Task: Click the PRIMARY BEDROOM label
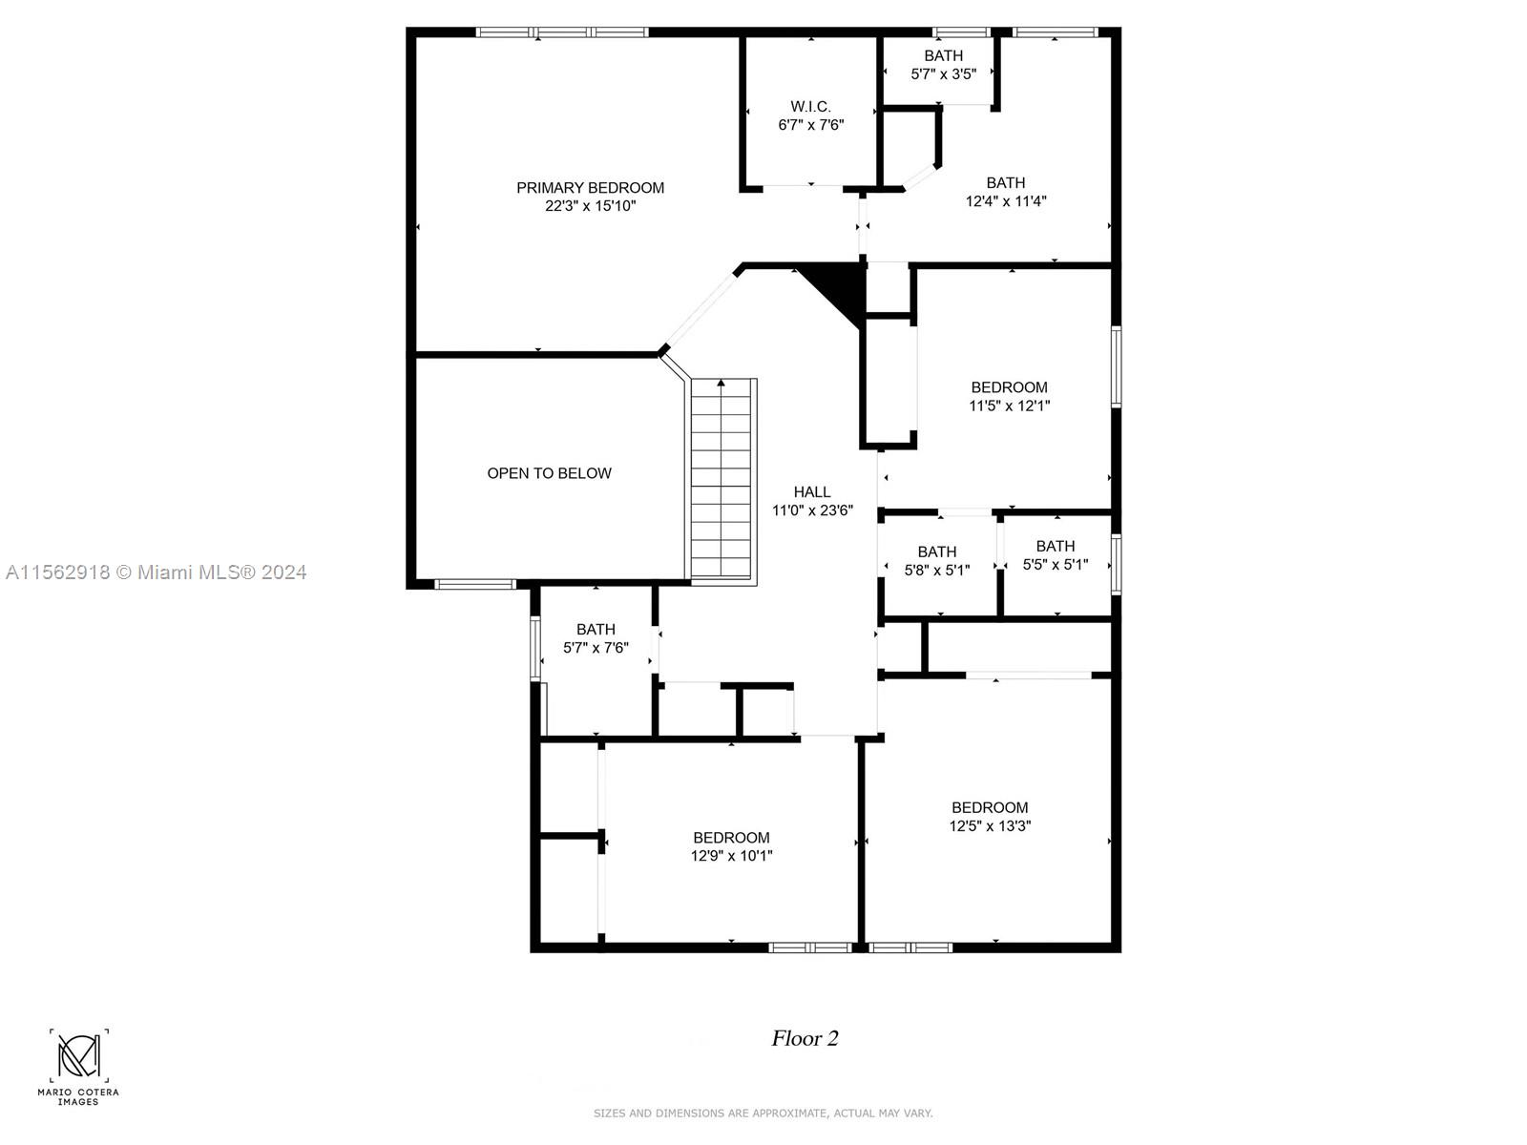click(x=590, y=188)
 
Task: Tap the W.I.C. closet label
click(x=810, y=107)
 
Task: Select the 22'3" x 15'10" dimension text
click(x=590, y=206)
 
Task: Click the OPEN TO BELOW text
click(x=549, y=473)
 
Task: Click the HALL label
click(x=812, y=492)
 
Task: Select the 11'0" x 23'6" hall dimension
click(x=812, y=510)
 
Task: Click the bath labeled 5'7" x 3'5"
click(x=943, y=65)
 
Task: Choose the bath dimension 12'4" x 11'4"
click(x=1006, y=201)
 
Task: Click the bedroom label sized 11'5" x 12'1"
click(x=1009, y=396)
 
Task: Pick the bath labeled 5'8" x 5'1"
click(x=936, y=561)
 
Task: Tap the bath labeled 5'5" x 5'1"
click(x=1055, y=555)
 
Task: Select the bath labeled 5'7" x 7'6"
click(x=596, y=638)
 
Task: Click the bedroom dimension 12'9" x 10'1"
click(x=731, y=856)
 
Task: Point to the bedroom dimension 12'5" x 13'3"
click(x=990, y=826)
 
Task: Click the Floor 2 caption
click(x=805, y=1038)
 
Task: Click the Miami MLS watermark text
click(x=156, y=572)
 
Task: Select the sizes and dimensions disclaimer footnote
click(x=763, y=1113)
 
